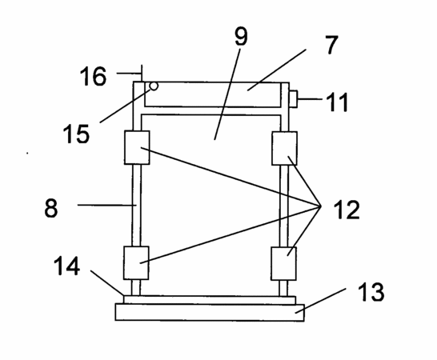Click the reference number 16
(x=93, y=76)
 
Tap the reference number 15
(x=76, y=134)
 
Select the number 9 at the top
(x=241, y=37)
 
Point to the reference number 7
(x=331, y=45)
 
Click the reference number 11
(x=338, y=102)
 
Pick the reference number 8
(x=51, y=208)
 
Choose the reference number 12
(x=347, y=210)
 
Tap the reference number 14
(x=66, y=266)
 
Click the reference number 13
(x=371, y=292)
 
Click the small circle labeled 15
(x=154, y=86)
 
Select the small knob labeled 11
(x=293, y=99)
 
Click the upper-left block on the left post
(x=137, y=147)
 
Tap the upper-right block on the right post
(x=284, y=149)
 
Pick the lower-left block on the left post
(x=136, y=262)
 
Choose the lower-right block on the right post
(x=283, y=263)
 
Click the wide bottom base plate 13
(x=210, y=312)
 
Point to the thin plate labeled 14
(x=210, y=300)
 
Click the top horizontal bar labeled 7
(x=212, y=94)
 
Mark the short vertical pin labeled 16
(x=142, y=74)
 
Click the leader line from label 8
(x=107, y=205)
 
